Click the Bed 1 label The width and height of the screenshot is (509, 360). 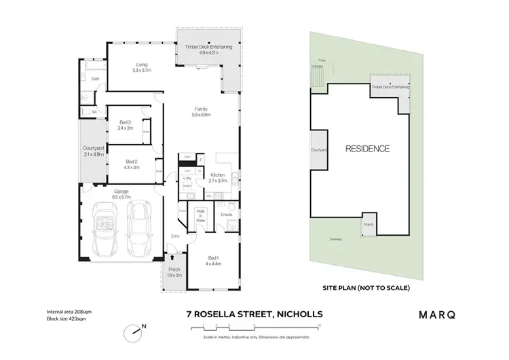[214, 259]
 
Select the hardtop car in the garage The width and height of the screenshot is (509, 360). [140, 225]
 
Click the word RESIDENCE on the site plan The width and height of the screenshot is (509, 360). [368, 149]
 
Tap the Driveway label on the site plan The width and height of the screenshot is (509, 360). [335, 238]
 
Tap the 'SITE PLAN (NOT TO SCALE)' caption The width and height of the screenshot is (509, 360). [366, 287]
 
